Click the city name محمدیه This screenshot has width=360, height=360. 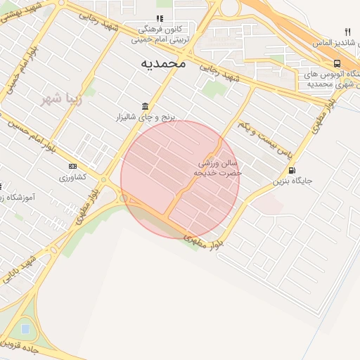(x=162, y=63)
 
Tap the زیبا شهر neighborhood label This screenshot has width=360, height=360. (x=60, y=98)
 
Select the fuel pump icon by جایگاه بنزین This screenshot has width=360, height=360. (x=292, y=170)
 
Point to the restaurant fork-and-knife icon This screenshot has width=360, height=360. (x=347, y=32)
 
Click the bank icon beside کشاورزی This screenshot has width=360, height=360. (x=72, y=166)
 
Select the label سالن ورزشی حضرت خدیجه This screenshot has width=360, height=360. (x=220, y=167)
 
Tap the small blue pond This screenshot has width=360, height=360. (x=26, y=328)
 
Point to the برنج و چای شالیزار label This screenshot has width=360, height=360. (x=148, y=116)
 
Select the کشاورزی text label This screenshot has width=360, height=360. (x=72, y=177)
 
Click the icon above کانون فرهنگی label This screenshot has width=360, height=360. (x=160, y=18)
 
